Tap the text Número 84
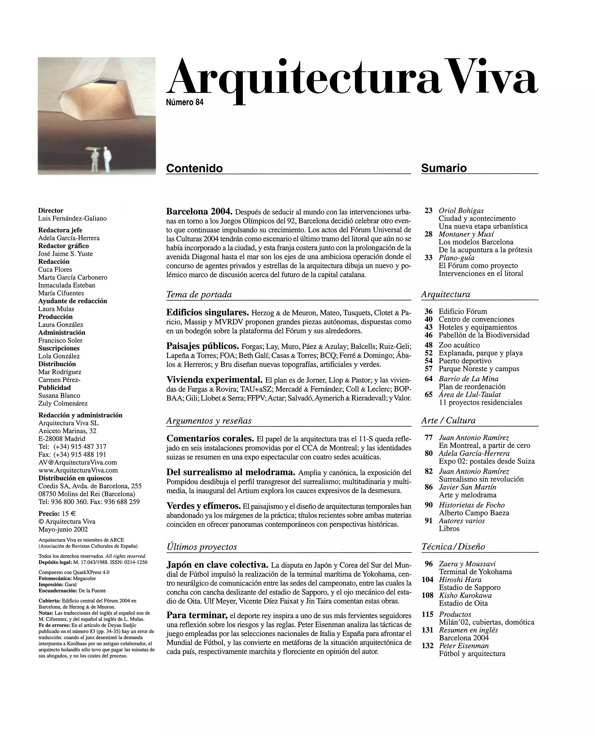[x=184, y=102]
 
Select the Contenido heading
[x=194, y=168]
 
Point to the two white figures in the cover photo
[x=101, y=159]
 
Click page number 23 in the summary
[x=428, y=210]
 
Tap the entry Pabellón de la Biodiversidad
[x=484, y=335]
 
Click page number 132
[x=427, y=646]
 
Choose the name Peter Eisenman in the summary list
[x=464, y=646]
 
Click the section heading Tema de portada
[x=199, y=294]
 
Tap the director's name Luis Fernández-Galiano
[x=72, y=218]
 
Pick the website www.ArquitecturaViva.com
[x=78, y=470]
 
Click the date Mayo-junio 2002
[x=63, y=529]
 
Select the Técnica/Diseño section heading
[x=453, y=547]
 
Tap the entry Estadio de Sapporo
[x=469, y=587]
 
